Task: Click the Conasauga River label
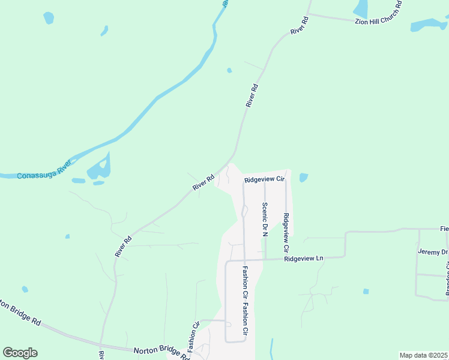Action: pyautogui.click(x=44, y=169)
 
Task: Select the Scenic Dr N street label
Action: pyautogui.click(x=264, y=219)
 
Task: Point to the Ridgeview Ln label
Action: pyautogui.click(x=304, y=258)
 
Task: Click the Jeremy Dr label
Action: pyautogui.click(x=433, y=253)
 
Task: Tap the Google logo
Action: pyautogui.click(x=20, y=353)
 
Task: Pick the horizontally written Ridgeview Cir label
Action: pyautogui.click(x=264, y=179)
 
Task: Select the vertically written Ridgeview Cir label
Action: pyautogui.click(x=286, y=232)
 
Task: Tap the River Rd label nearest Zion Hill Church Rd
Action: pyautogui.click(x=299, y=26)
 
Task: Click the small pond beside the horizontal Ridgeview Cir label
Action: pyautogui.click(x=303, y=178)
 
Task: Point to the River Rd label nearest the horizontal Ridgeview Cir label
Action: pyautogui.click(x=203, y=183)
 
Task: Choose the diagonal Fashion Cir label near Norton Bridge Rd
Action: pyautogui.click(x=193, y=340)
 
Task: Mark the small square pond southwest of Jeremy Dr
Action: pyautogui.click(x=366, y=292)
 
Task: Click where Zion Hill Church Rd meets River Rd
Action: pyautogui.click(x=309, y=14)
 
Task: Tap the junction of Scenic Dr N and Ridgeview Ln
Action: pyautogui.click(x=265, y=260)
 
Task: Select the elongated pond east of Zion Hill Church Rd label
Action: pyautogui.click(x=429, y=25)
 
